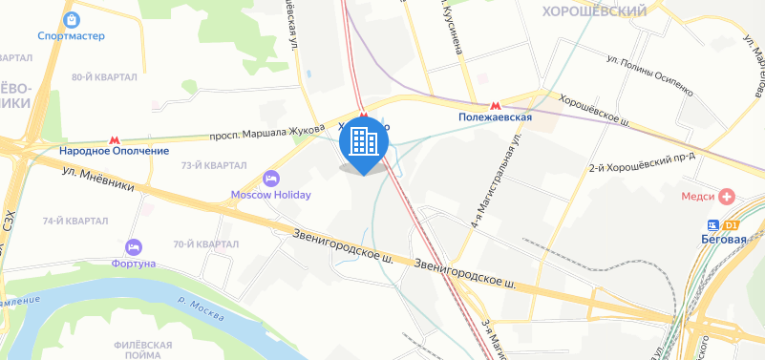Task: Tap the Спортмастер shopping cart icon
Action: pyautogui.click(x=71, y=19)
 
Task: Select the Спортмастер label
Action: pyautogui.click(x=71, y=37)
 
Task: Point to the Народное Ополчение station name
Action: pyautogui.click(x=114, y=151)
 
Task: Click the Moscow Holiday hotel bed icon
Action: pyautogui.click(x=271, y=179)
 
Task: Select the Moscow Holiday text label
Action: pyautogui.click(x=271, y=195)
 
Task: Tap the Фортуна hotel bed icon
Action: pyautogui.click(x=133, y=246)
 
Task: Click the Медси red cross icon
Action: pyautogui.click(x=728, y=196)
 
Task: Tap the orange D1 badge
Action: pyautogui.click(x=733, y=224)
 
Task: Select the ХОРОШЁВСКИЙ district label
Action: pyautogui.click(x=593, y=11)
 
